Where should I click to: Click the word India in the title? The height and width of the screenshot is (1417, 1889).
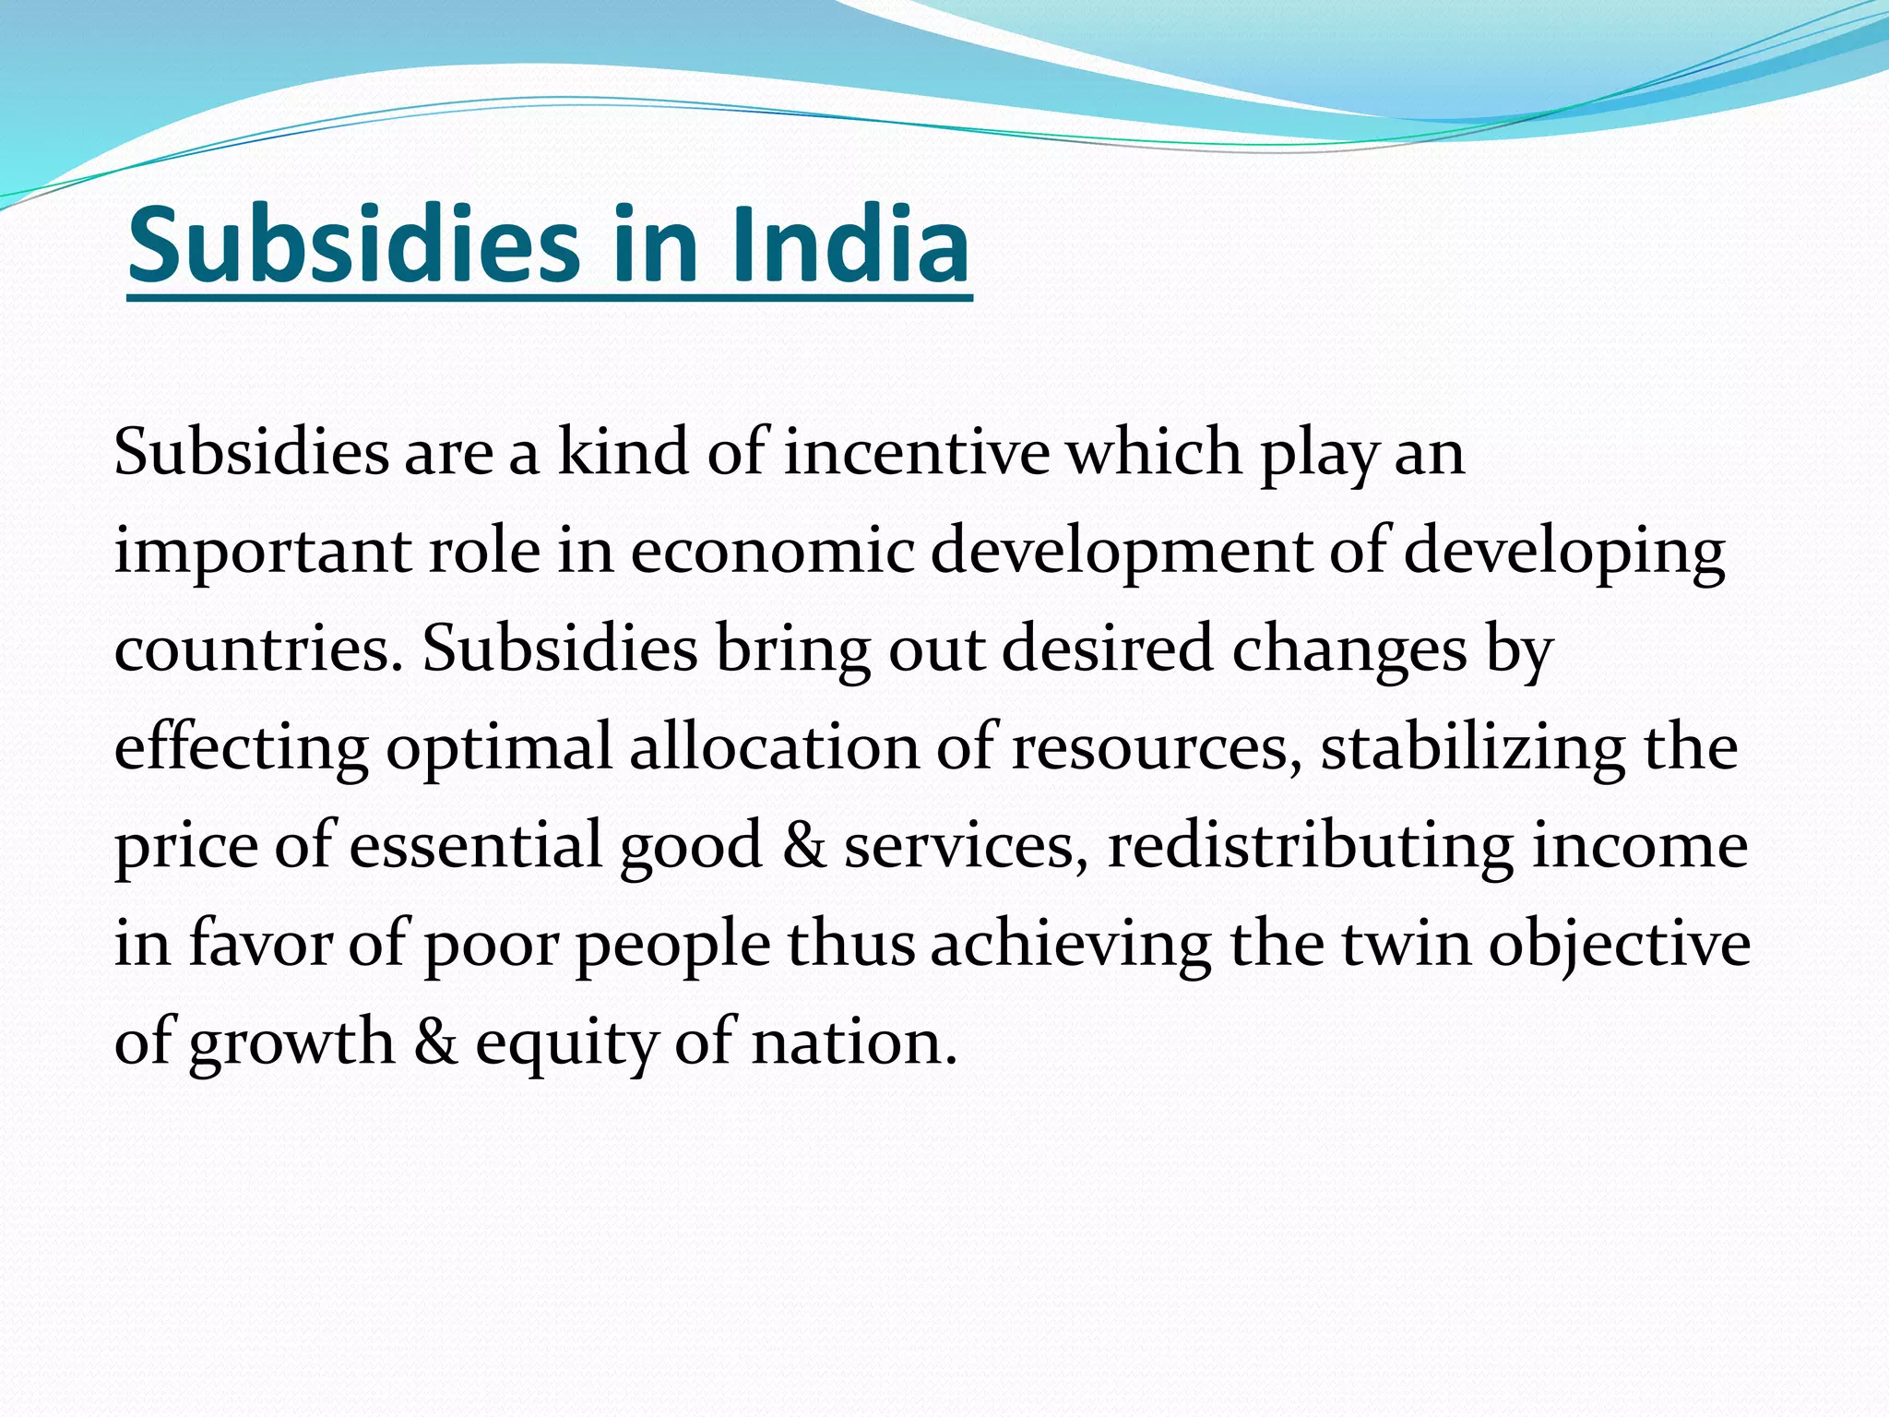coord(849,245)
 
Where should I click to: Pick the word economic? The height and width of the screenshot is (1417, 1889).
coord(773,551)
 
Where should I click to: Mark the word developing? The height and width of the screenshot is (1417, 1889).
coord(1564,553)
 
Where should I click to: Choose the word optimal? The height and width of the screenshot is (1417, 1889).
coord(499,748)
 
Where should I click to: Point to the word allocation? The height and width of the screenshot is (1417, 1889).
coord(774,746)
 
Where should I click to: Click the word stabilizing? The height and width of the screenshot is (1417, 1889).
coord(1473,748)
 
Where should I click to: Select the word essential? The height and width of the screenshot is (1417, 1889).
coord(475,845)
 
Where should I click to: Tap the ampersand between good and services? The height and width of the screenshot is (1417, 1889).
coord(803,846)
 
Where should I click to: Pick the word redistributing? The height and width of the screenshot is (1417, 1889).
coord(1310,846)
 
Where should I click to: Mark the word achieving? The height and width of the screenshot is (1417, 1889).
coord(1070,944)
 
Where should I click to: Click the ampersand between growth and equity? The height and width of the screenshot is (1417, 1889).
coord(435,1042)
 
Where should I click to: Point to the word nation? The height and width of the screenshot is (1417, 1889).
coord(854,1042)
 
